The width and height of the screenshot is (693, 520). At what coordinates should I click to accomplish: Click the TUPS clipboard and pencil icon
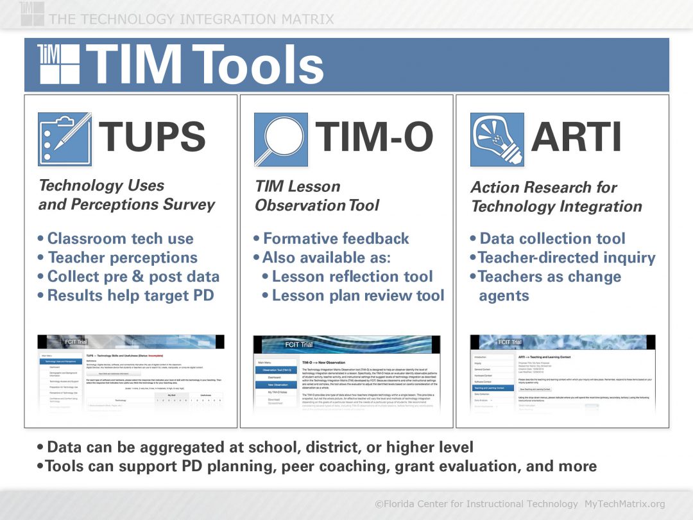64,139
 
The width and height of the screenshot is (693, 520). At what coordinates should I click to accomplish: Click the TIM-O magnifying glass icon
280,139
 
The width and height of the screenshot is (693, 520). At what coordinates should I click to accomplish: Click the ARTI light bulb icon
496,139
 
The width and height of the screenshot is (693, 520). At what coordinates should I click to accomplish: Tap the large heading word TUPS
152,137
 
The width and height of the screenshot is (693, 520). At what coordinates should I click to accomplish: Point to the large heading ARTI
576,137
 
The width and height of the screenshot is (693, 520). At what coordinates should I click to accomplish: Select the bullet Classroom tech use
120,239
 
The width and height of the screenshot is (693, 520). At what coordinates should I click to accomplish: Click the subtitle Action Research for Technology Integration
556,197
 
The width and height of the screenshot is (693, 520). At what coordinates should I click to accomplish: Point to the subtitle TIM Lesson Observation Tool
317,196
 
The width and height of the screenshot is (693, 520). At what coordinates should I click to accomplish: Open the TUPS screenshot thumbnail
131,372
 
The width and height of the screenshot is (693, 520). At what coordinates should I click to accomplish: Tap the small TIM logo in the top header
32,13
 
